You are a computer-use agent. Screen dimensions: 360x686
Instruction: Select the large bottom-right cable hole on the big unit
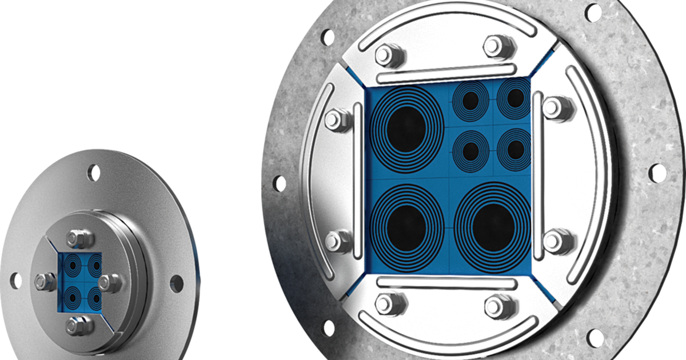pos(492,221)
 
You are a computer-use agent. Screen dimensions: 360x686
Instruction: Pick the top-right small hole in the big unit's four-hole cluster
pos(515,98)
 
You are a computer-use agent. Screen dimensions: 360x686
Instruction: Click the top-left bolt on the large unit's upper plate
pos(384,55)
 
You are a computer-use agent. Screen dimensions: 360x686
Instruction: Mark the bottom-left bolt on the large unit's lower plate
pos(384,304)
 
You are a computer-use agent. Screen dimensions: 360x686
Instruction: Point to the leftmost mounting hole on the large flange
pos(279,183)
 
